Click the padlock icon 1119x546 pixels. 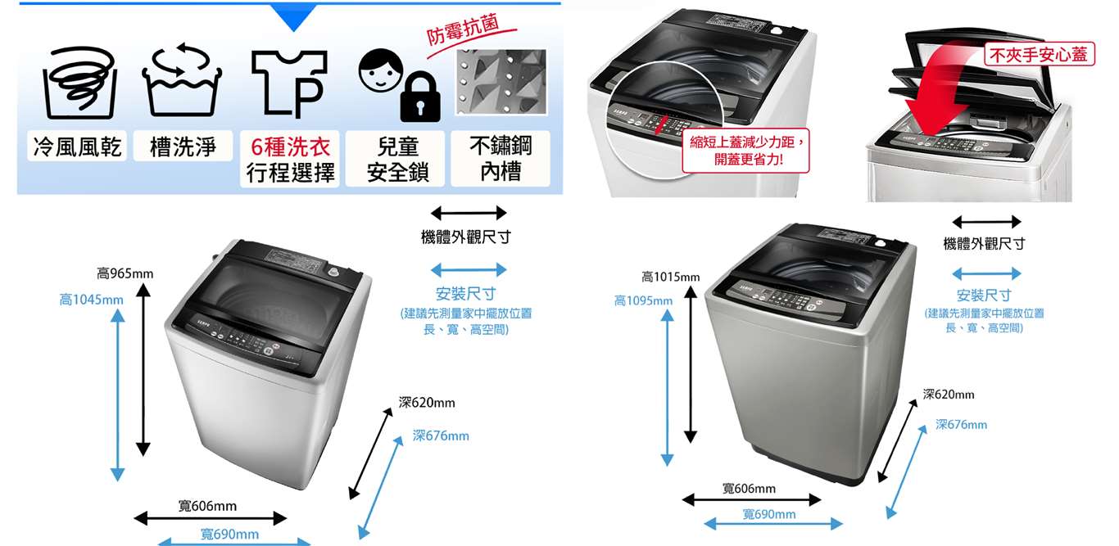pos(419,99)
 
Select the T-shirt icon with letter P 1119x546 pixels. pos(289,83)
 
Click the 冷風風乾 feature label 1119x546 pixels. pos(77,147)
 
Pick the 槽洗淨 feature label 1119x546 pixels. pos(183,147)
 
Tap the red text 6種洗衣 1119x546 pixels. pos(290,147)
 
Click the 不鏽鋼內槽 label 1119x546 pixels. pos(501,159)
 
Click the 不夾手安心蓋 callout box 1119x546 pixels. pos(1039,56)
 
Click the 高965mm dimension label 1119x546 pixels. pos(125,273)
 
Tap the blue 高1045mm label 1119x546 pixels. pos(91,300)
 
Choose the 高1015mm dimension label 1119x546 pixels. pos(670,277)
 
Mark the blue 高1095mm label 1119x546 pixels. pos(643,300)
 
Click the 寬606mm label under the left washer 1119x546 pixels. pos(207,506)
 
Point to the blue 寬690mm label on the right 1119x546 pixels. pos(768,514)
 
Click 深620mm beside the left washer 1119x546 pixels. pos(426,403)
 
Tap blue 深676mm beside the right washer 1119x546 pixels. pos(961,424)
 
